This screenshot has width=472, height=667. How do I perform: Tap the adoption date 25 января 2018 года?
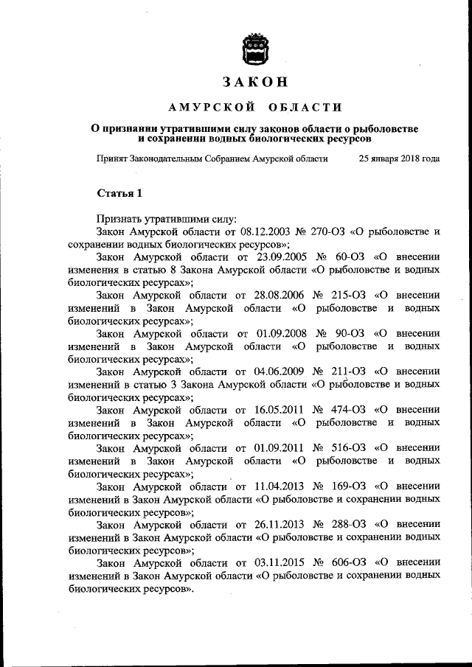pos(399,158)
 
